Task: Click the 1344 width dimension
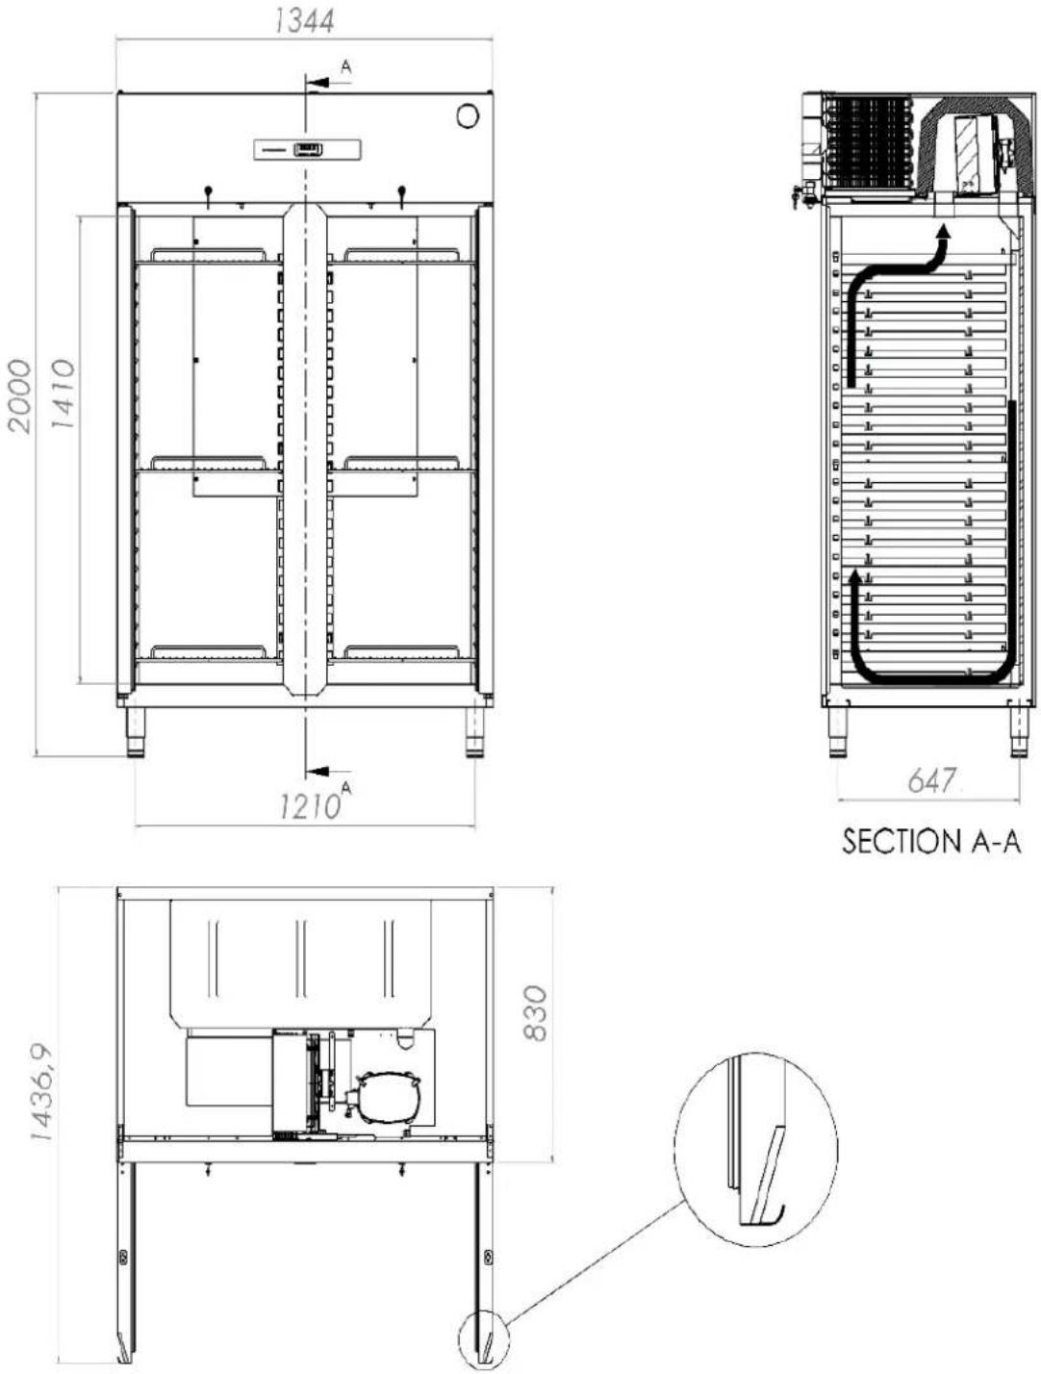tap(304, 20)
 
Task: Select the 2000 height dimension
tap(19, 395)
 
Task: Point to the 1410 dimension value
tap(63, 394)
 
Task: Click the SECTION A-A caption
tap(931, 841)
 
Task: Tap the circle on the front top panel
tap(467, 115)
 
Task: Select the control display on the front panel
tap(307, 149)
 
